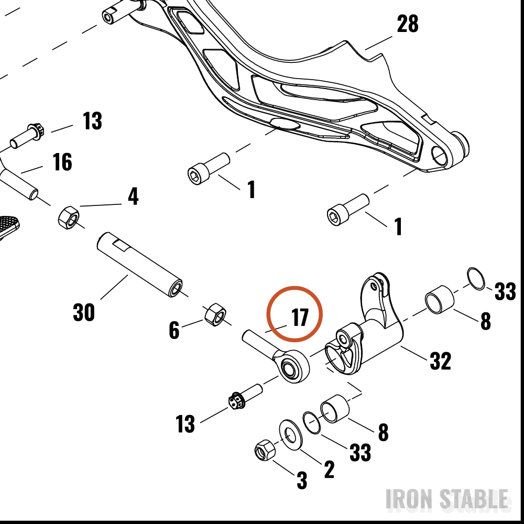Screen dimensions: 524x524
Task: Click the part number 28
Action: pos(407,24)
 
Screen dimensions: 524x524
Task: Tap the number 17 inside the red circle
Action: pos(300,317)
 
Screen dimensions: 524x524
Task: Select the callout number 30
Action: pos(83,312)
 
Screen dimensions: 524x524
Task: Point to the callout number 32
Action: pos(440,361)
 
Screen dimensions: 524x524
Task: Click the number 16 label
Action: pos(62,162)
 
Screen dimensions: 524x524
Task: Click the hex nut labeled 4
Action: pos(69,217)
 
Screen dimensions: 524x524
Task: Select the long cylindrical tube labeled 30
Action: pos(140,265)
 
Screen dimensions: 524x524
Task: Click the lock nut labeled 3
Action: pos(265,450)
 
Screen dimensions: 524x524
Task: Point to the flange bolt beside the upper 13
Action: pos(27,136)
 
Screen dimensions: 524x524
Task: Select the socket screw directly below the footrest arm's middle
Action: pos(209,168)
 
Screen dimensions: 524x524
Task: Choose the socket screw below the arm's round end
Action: pos(348,210)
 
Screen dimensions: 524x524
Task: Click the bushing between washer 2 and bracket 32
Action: pos(335,409)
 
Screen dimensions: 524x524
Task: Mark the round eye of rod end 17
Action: pos(291,366)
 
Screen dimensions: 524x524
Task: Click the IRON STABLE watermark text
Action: pos(447,499)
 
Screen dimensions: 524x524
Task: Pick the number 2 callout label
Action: pos(329,469)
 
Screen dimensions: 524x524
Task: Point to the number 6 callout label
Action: pos(174,330)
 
